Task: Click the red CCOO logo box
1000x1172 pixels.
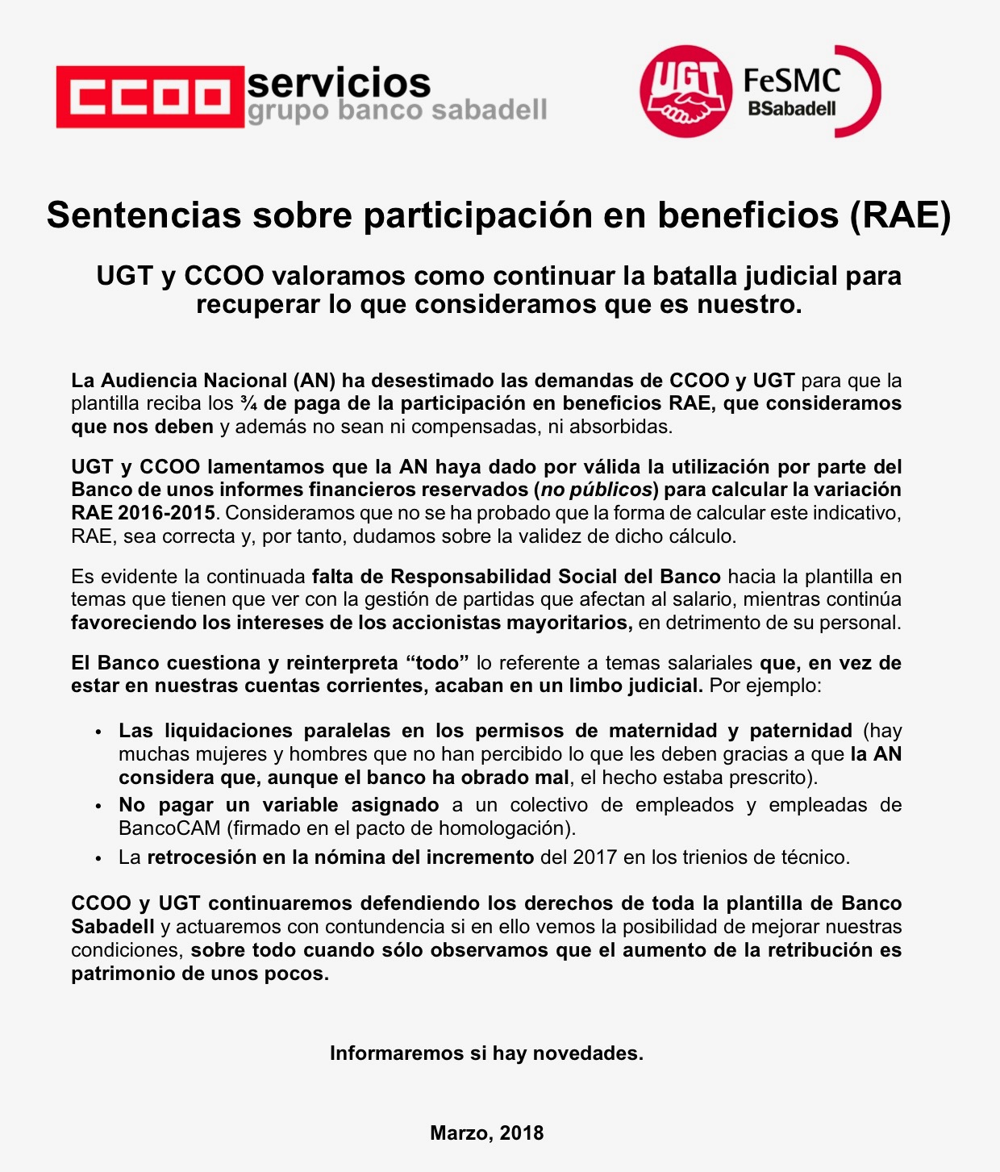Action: pos(149,97)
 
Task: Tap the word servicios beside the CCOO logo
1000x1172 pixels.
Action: pos(339,82)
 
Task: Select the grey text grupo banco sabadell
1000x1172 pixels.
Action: pos(397,111)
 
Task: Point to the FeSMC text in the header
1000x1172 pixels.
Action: pos(791,81)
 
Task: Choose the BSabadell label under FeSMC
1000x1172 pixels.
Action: pos(791,108)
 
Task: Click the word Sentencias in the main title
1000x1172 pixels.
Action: pos(144,215)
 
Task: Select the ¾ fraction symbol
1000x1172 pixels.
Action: pos(248,403)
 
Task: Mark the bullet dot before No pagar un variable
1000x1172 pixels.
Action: pos(98,806)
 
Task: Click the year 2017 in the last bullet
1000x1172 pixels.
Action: pos(595,857)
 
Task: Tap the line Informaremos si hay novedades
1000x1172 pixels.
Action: pos(486,1053)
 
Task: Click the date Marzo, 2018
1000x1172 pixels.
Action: pos(486,1133)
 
